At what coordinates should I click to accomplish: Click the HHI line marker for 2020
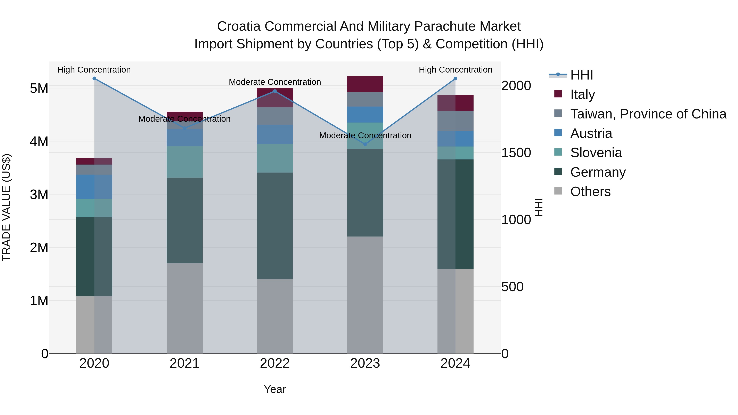click(x=94, y=78)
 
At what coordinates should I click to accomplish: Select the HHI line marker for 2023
click(x=365, y=144)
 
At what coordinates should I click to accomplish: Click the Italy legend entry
click(x=582, y=94)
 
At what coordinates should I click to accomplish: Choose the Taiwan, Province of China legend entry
click(x=648, y=114)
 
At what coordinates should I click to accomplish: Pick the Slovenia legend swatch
click(x=558, y=152)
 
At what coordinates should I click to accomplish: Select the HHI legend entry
click(x=582, y=75)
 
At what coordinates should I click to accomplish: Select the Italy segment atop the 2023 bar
click(x=365, y=84)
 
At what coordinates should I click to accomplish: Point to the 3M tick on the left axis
click(x=39, y=195)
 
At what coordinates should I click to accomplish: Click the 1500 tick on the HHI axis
click(x=516, y=153)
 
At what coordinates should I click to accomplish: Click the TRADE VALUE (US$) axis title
click(x=6, y=208)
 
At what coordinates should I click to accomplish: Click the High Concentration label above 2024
click(x=455, y=70)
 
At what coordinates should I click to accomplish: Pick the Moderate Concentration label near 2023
click(x=365, y=135)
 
